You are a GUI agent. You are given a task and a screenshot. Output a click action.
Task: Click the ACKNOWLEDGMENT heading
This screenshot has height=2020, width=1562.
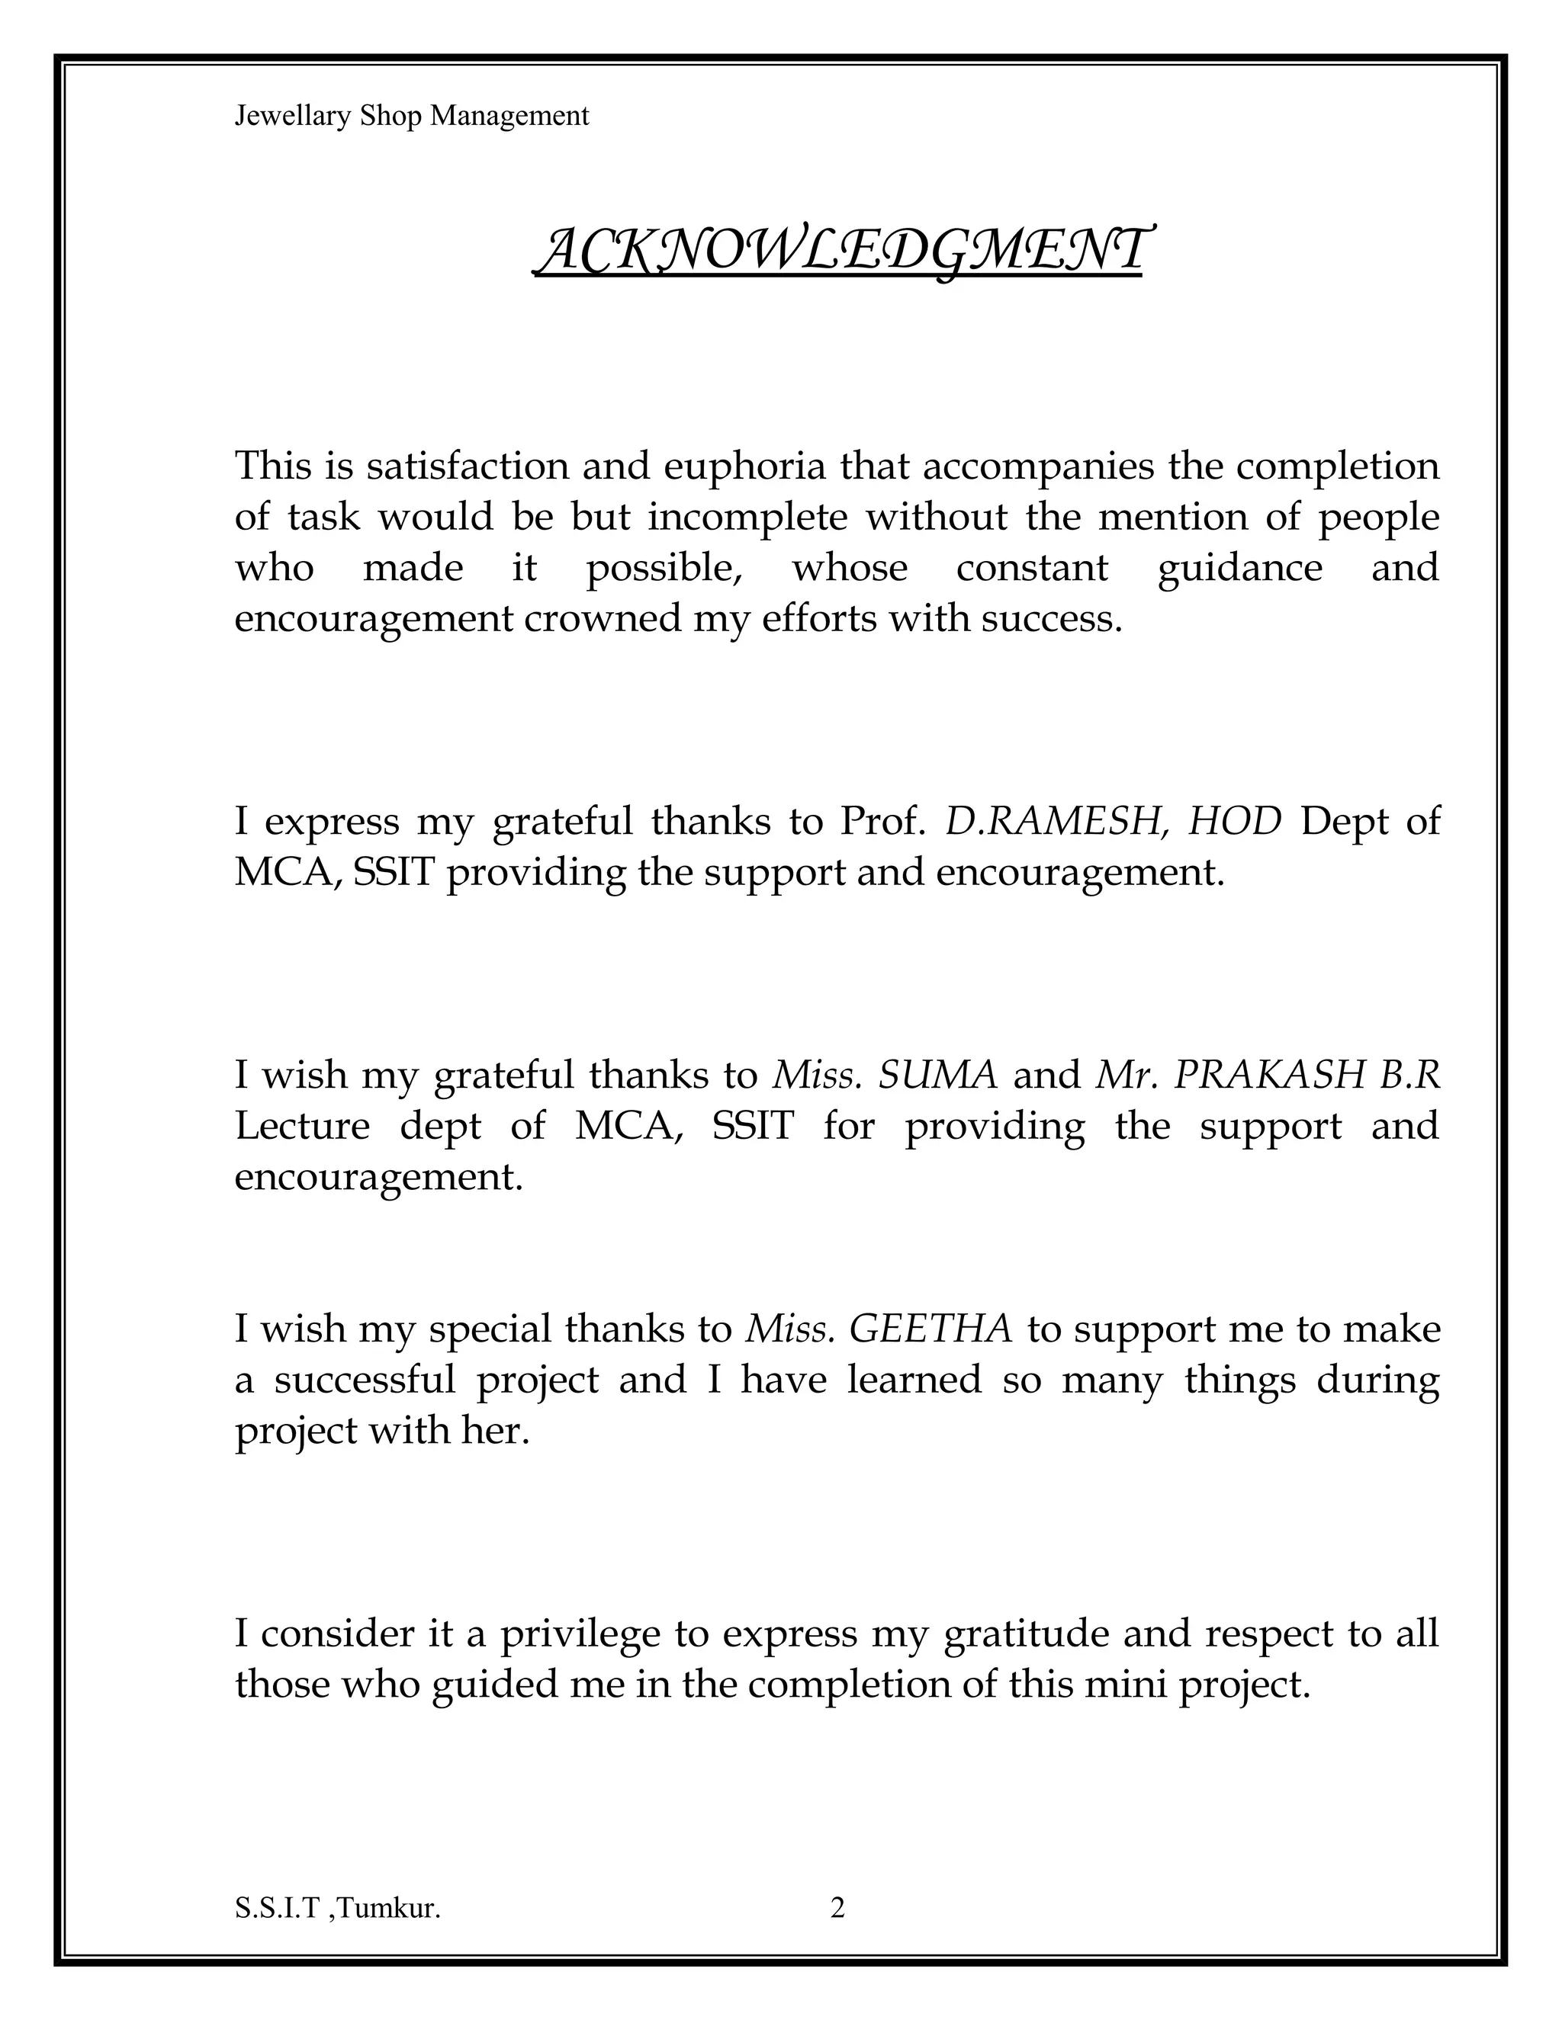click(841, 252)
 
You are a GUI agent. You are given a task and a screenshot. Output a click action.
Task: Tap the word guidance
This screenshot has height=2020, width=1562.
click(1240, 567)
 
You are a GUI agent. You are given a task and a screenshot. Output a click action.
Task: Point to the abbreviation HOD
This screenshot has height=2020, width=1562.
click(1236, 820)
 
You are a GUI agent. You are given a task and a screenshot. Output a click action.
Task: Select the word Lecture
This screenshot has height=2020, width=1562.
click(302, 1126)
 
